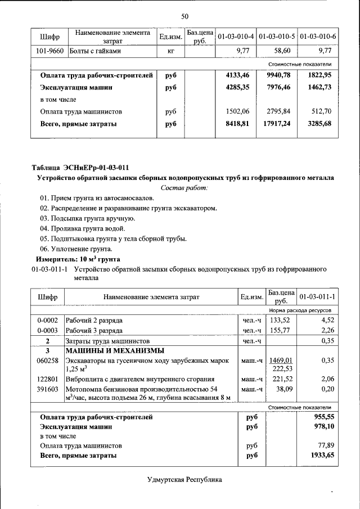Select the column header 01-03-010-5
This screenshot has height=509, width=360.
(277, 37)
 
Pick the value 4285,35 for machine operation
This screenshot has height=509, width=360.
(237, 88)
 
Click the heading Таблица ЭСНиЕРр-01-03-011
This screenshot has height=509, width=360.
(80, 168)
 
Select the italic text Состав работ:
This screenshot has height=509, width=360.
(184, 187)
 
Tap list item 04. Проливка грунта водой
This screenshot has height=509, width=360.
(82, 228)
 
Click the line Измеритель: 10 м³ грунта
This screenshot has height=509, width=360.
(78, 259)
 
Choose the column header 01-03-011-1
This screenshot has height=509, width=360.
(317, 296)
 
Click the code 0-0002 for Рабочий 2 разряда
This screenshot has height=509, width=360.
(47, 321)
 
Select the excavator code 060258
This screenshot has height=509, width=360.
(47, 360)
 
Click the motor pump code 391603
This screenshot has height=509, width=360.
(47, 389)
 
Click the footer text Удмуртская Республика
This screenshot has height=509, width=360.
(184, 480)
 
